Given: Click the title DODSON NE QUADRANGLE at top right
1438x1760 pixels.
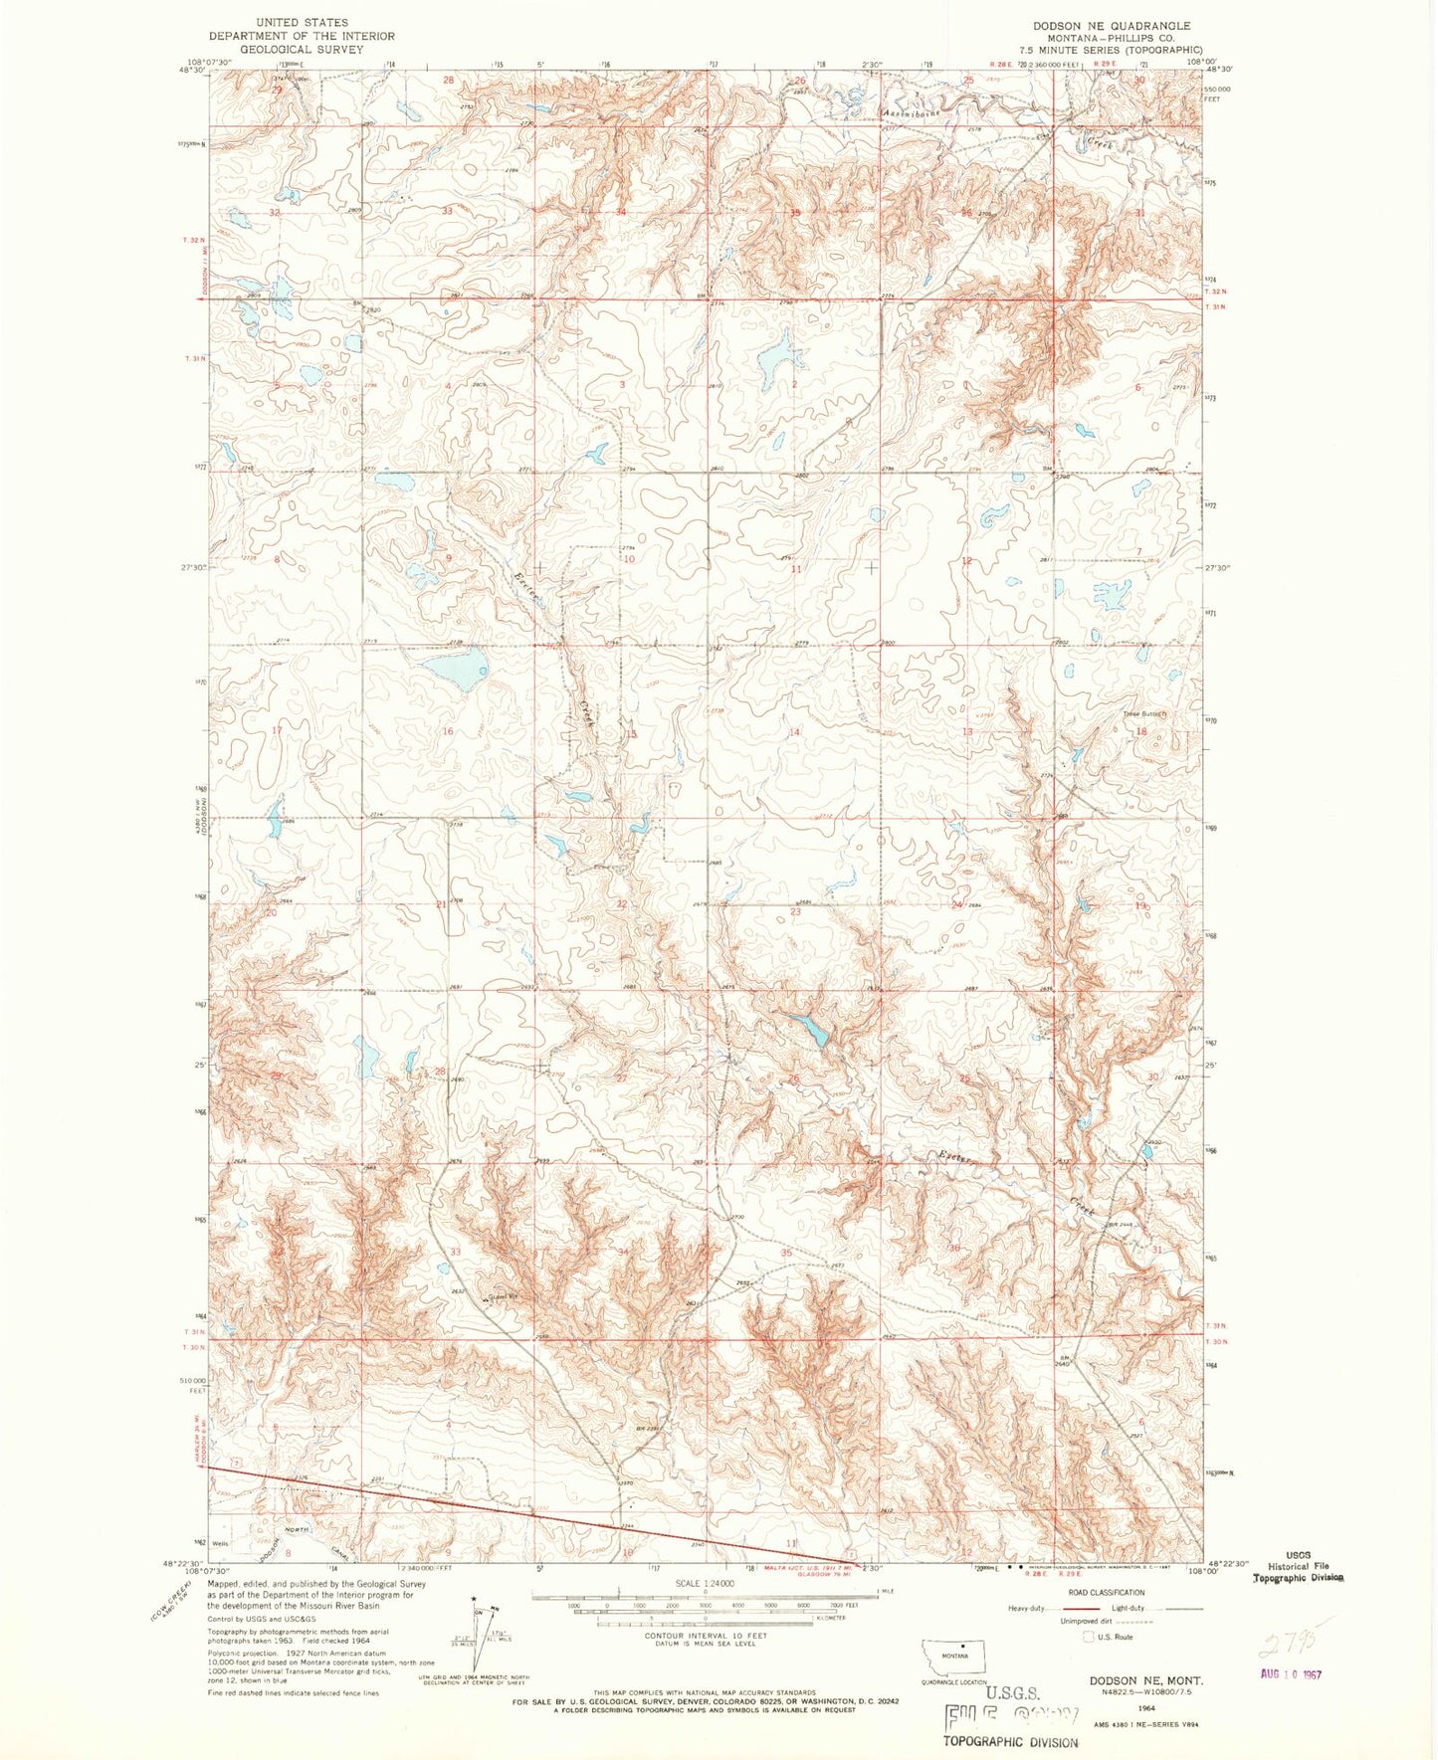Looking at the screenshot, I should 1114,25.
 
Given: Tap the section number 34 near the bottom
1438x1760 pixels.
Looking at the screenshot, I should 624,1252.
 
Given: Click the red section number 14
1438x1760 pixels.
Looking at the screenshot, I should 794,732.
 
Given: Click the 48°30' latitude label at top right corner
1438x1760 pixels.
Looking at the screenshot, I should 1218,70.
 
